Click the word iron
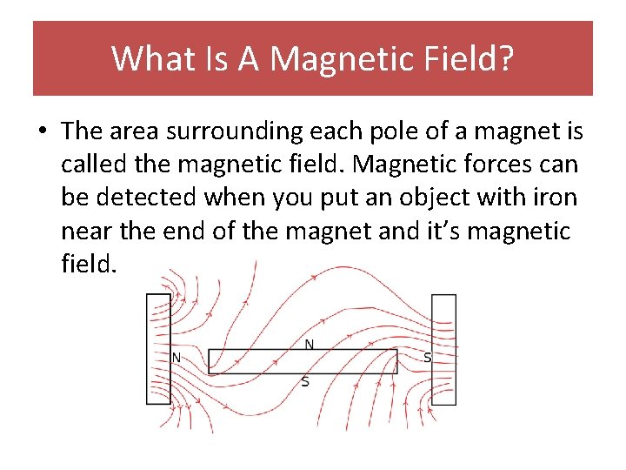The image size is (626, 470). click(552, 198)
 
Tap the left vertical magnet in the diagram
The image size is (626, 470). click(158, 348)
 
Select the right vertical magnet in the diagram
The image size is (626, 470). click(443, 348)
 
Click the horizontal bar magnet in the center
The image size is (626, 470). click(303, 362)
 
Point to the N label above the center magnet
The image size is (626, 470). click(309, 345)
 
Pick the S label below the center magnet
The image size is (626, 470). click(304, 382)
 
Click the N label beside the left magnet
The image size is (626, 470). click(176, 357)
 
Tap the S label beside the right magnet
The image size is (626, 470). click(427, 357)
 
